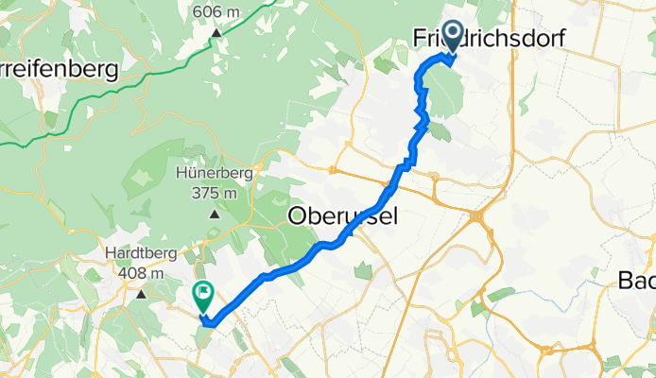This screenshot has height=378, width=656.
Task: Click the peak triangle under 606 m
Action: point(216,33)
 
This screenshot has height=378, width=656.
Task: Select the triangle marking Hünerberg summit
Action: point(214,214)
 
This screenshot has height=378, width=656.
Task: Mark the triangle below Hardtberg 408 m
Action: point(142,294)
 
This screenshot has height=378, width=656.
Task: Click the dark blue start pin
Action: point(452,36)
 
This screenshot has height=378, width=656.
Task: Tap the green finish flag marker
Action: point(203,297)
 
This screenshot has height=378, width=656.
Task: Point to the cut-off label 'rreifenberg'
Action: point(59,69)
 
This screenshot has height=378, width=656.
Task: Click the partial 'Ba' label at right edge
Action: point(636,280)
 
